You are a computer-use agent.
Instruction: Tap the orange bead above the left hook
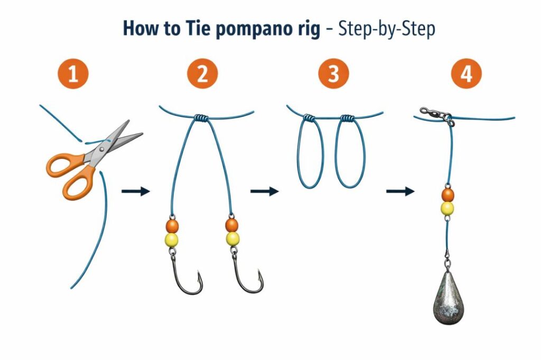point(172,226)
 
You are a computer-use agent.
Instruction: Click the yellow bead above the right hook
point(232,239)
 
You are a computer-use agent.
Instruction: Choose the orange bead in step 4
point(448,195)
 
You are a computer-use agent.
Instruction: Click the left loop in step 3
point(311,153)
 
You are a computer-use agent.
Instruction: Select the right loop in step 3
point(349,153)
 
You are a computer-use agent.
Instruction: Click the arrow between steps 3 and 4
point(400,191)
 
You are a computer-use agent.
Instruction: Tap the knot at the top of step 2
point(201,117)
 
